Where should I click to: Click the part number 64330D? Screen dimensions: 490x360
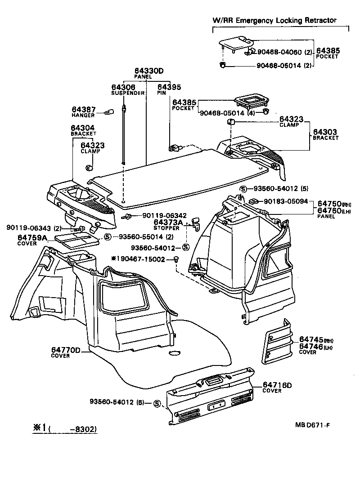(148, 71)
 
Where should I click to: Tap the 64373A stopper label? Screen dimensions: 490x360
(168, 222)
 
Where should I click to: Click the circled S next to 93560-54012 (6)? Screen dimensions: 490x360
(157, 403)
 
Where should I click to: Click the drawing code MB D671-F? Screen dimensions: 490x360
(315, 425)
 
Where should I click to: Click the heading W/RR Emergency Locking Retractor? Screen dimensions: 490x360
(274, 20)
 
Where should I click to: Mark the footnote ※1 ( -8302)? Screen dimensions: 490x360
(64, 429)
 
